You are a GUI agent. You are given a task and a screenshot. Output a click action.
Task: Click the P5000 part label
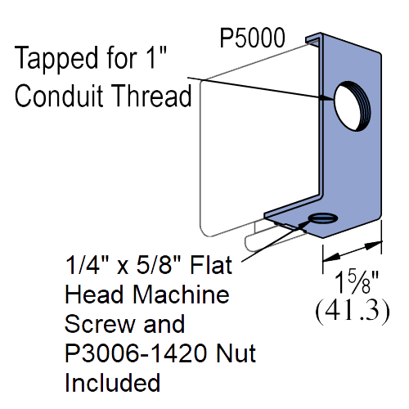pyautogui.click(x=252, y=38)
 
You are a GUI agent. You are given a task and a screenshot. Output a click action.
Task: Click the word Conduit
pyautogui.click(x=59, y=96)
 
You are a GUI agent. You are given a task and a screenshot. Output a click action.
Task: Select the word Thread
pyautogui.click(x=152, y=96)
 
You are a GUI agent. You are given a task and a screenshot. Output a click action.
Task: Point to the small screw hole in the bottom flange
pyautogui.click(x=323, y=218)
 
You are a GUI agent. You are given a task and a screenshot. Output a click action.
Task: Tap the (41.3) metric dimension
pyautogui.click(x=353, y=312)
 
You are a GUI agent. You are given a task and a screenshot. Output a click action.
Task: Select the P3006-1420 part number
pyautogui.click(x=137, y=353)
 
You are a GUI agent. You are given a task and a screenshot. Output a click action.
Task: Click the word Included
pyautogui.click(x=112, y=382)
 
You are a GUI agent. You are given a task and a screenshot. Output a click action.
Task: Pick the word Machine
pyautogui.click(x=181, y=294)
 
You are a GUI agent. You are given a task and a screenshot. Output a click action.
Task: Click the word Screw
pyautogui.click(x=101, y=324)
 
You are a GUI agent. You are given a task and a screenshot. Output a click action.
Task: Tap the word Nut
pyautogui.click(x=236, y=353)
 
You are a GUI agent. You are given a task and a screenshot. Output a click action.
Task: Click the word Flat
pyautogui.click(x=211, y=265)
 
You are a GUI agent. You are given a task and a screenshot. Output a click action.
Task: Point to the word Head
pyautogui.click(x=94, y=294)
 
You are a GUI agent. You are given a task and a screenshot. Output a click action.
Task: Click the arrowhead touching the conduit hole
pyautogui.click(x=326, y=98)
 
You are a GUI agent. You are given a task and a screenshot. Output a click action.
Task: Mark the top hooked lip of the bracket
pyautogui.click(x=313, y=38)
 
